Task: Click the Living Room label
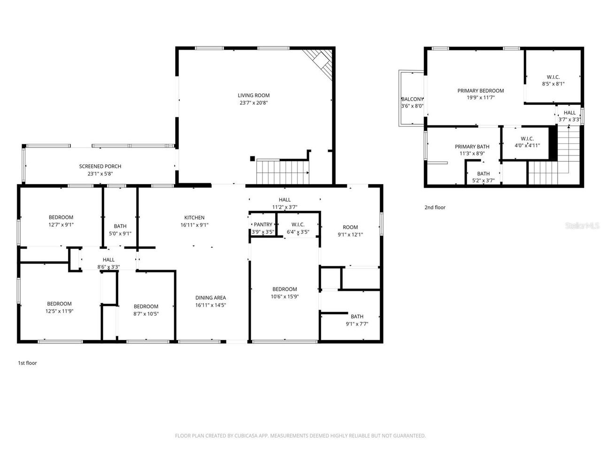pyautogui.click(x=254, y=95)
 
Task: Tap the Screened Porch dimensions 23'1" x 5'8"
pyautogui.click(x=100, y=173)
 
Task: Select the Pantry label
pyautogui.click(x=262, y=225)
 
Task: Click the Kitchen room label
pyautogui.click(x=194, y=218)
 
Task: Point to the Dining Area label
pyautogui.click(x=210, y=297)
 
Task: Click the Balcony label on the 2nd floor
pyautogui.click(x=412, y=99)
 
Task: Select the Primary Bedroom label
pyautogui.click(x=480, y=91)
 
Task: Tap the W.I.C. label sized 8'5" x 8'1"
pyautogui.click(x=553, y=77)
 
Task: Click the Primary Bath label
pyautogui.click(x=472, y=147)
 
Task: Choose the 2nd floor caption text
pyautogui.click(x=435, y=207)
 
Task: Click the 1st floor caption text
pyautogui.click(x=27, y=363)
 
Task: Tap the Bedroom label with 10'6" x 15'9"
pyautogui.click(x=285, y=289)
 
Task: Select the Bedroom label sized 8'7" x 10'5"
pyautogui.click(x=146, y=306)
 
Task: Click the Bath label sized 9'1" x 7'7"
pyautogui.click(x=357, y=316)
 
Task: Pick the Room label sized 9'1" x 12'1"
pyautogui.click(x=350, y=227)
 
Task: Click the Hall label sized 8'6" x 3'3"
pyautogui.click(x=108, y=260)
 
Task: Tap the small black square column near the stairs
pyautogui.click(x=253, y=159)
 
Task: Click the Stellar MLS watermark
pyautogui.click(x=582, y=226)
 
